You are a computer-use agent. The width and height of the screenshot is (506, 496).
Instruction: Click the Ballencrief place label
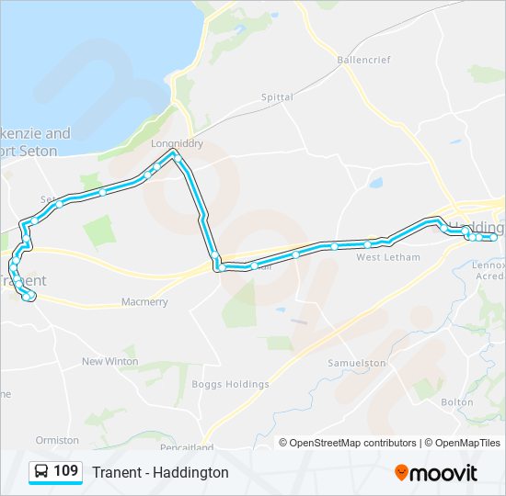[x=364, y=60]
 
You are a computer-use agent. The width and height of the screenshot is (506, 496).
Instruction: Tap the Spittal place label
[x=277, y=97]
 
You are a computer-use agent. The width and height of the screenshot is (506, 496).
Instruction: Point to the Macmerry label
[x=144, y=302]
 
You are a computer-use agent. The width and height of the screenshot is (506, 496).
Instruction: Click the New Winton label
[x=110, y=362]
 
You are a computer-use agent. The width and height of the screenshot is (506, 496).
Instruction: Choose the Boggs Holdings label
[x=230, y=384]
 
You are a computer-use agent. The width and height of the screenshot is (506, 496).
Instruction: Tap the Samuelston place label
[x=357, y=364]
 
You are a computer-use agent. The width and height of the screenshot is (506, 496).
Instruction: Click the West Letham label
[x=388, y=257]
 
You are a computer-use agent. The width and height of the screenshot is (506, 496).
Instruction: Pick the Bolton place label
[x=457, y=402]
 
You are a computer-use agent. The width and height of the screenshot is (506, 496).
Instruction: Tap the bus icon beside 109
[x=41, y=472]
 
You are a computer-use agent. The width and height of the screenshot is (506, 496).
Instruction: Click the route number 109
[x=66, y=472]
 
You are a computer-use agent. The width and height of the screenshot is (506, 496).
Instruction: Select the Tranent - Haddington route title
[x=160, y=472]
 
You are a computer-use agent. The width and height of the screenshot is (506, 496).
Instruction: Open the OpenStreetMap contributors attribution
[x=352, y=443]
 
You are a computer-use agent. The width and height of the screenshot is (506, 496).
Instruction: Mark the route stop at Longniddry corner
[x=175, y=156]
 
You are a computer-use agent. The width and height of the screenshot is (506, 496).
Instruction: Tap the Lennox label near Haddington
[x=488, y=265]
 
